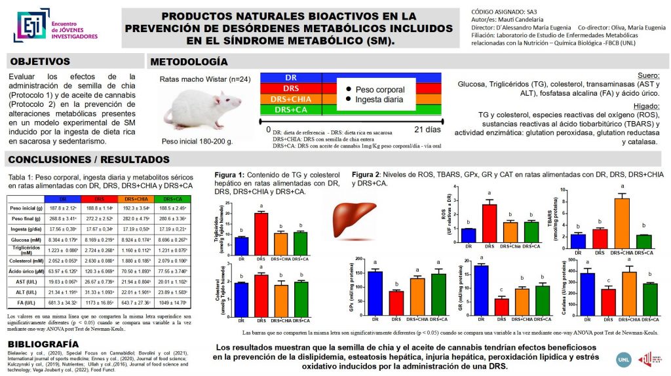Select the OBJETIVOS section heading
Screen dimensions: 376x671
39,62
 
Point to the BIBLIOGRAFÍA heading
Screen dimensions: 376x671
43,344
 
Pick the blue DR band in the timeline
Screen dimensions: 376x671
291,78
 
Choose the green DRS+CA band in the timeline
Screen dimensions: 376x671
291,109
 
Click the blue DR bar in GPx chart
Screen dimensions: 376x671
375,292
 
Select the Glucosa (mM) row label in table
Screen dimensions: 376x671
23,240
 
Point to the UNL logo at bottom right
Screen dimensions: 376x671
625,358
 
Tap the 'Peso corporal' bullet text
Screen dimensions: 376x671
379,90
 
